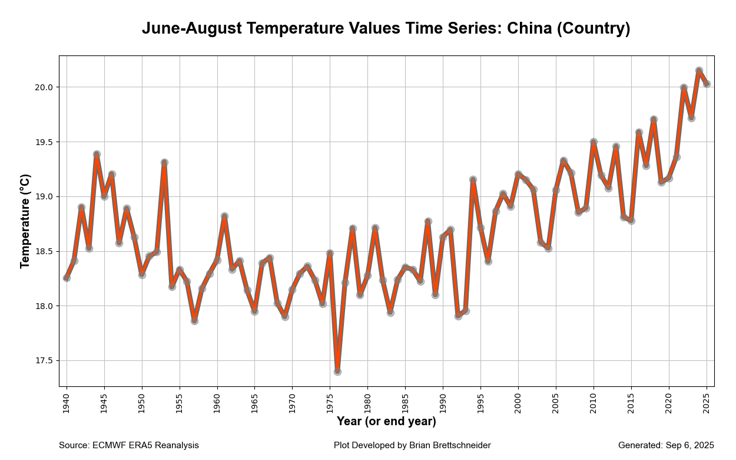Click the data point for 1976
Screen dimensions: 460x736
(x=337, y=372)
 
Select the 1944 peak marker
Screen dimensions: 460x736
(x=97, y=155)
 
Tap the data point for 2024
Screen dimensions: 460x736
(x=699, y=71)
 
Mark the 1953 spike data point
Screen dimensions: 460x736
(x=164, y=162)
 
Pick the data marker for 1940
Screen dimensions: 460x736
(x=67, y=278)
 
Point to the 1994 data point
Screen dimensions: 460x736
(x=473, y=179)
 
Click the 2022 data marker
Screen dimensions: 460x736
(x=684, y=88)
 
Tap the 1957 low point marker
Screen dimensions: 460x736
(x=194, y=321)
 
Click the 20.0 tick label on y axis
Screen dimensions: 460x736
(x=45, y=87)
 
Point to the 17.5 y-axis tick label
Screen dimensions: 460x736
(x=45, y=361)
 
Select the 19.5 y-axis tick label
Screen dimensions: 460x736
(x=45, y=142)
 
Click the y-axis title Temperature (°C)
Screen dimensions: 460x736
(x=25, y=221)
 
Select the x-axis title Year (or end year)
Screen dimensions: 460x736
(x=386, y=422)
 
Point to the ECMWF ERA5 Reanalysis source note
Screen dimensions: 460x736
(x=145, y=445)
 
